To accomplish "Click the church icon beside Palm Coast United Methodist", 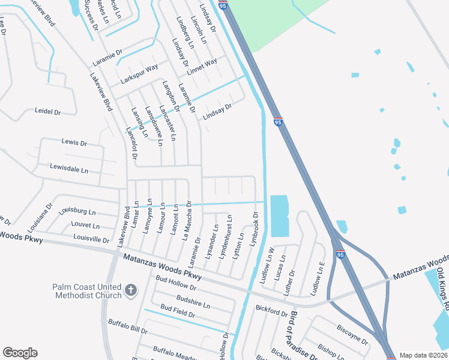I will click(x=131, y=292).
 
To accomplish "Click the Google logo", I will click(x=20, y=353).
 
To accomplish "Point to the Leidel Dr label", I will click(x=48, y=112).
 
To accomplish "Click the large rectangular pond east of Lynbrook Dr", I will click(x=279, y=215).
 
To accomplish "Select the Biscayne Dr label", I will click(x=352, y=335).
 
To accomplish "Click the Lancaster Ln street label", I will click(x=167, y=123).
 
